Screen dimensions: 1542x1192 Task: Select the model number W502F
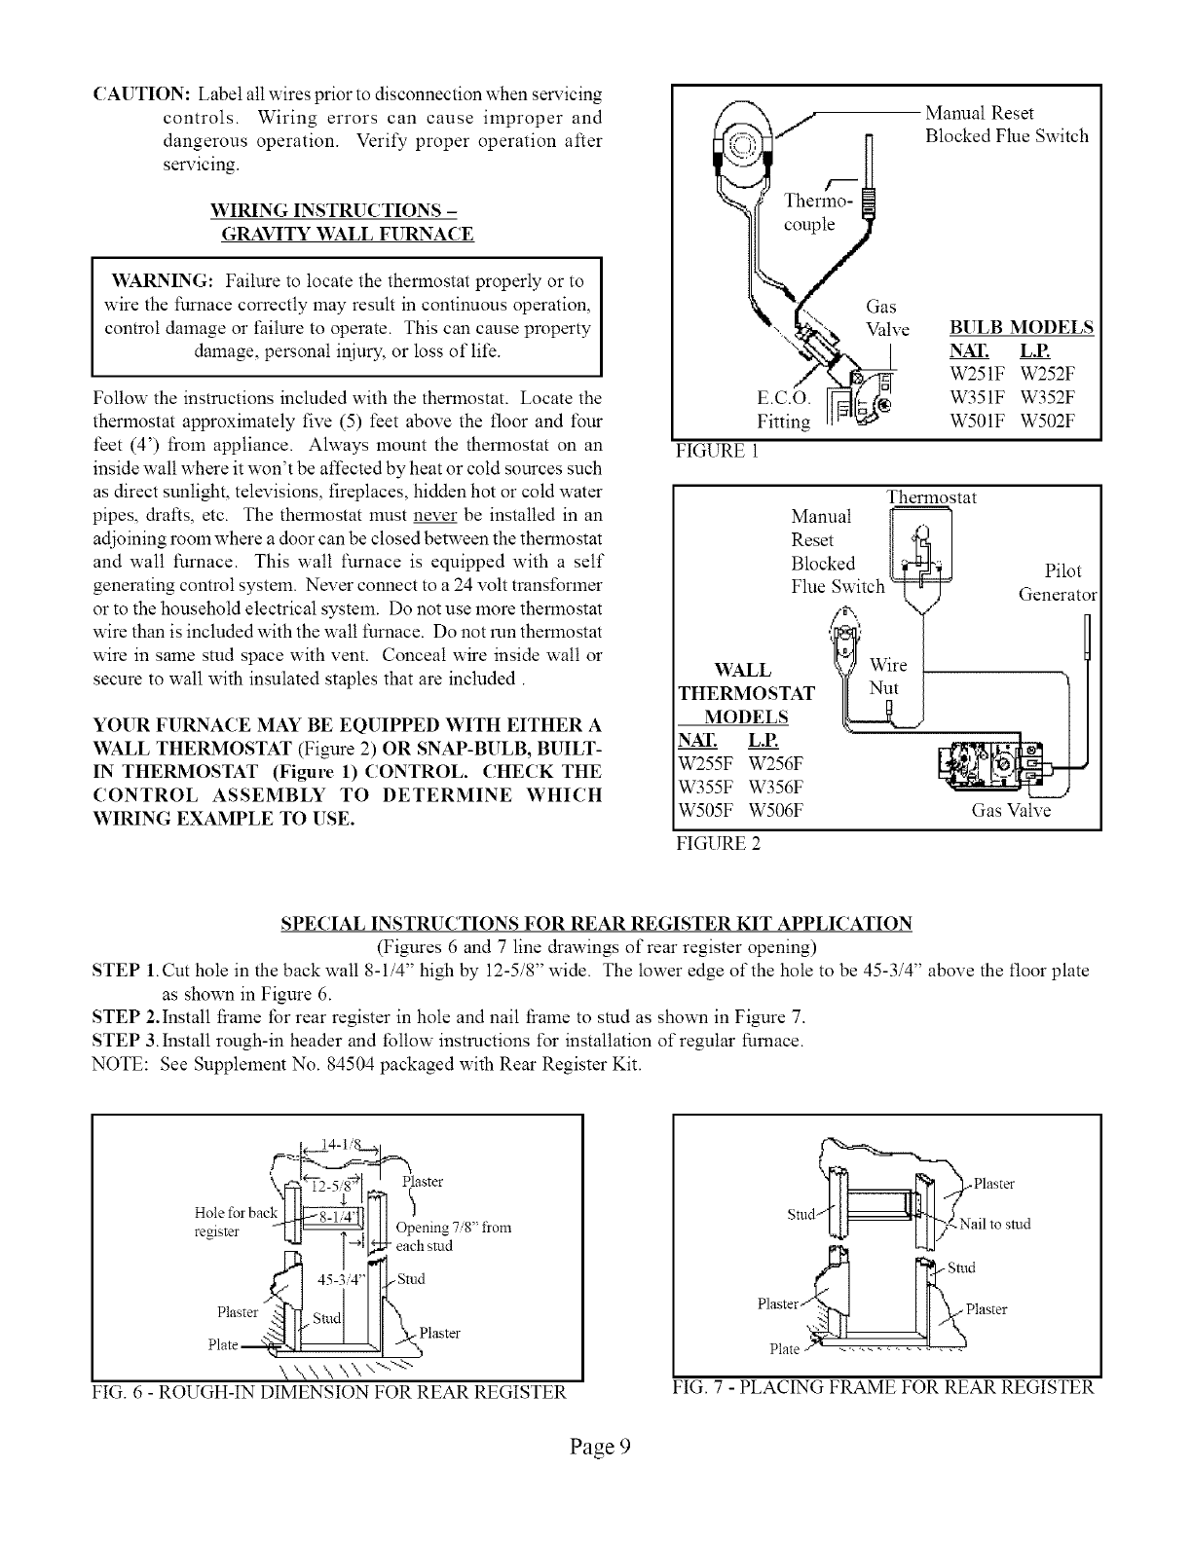click(x=1047, y=422)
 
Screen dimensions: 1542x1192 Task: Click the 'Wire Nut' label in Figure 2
click(x=887, y=677)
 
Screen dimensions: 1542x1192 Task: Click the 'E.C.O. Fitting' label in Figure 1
click(x=783, y=410)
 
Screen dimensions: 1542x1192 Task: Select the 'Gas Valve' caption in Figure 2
click(x=1012, y=811)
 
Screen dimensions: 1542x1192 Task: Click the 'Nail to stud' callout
click(x=994, y=1224)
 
